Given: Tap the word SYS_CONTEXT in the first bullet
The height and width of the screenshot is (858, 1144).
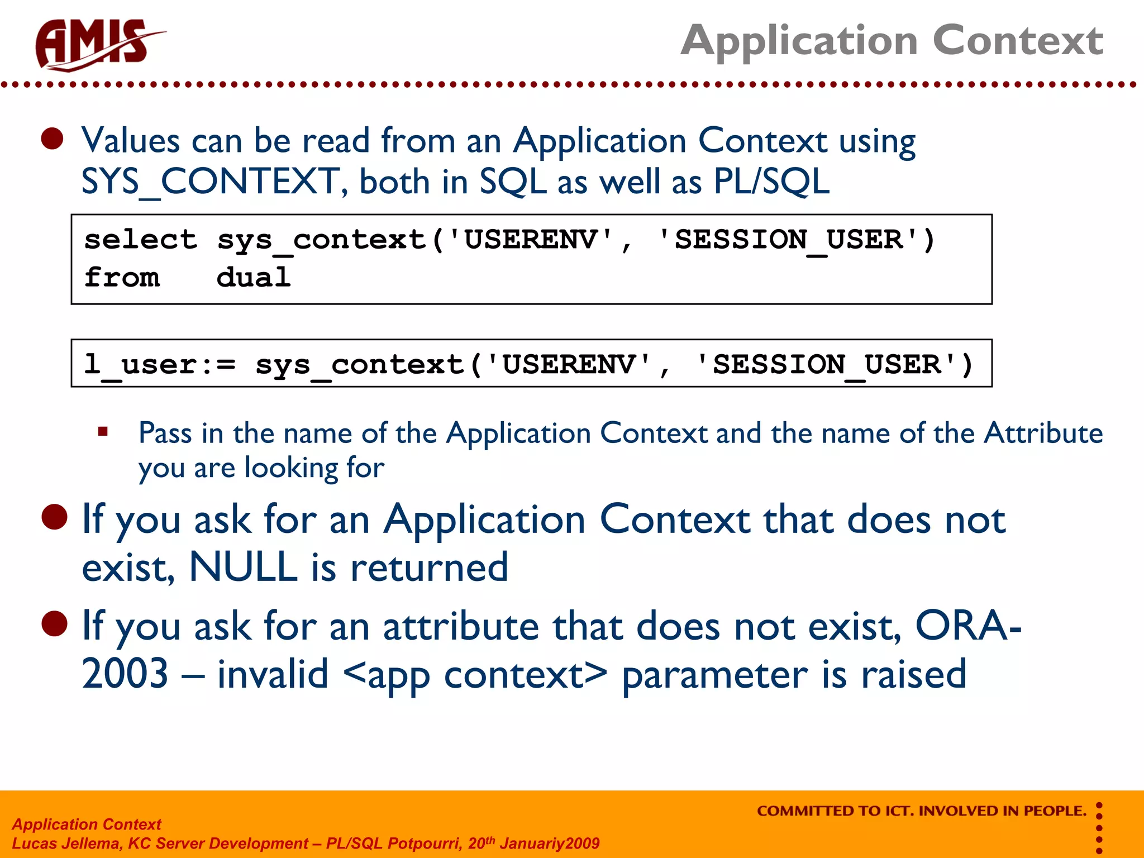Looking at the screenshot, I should click(x=210, y=182).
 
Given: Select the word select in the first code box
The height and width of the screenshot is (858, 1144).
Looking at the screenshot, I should click(x=140, y=240).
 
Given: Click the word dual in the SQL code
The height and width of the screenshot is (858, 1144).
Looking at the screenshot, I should click(x=254, y=278).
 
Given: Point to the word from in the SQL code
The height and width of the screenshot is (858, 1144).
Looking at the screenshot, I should click(x=122, y=278).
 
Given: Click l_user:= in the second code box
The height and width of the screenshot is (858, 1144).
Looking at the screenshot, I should click(x=160, y=364).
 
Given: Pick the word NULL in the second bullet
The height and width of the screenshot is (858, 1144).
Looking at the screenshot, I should click(x=244, y=567).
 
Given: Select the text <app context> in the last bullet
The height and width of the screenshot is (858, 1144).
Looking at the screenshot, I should click(x=475, y=674).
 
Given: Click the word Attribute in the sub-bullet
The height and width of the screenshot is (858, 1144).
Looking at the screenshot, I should click(x=1043, y=433).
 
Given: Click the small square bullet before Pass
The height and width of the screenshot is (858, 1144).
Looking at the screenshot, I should click(x=103, y=431).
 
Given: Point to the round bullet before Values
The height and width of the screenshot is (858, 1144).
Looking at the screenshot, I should click(x=53, y=139).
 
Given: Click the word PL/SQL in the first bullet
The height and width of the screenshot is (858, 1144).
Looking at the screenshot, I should click(x=771, y=182).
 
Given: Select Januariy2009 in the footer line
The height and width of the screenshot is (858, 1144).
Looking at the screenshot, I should click(x=550, y=843).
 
